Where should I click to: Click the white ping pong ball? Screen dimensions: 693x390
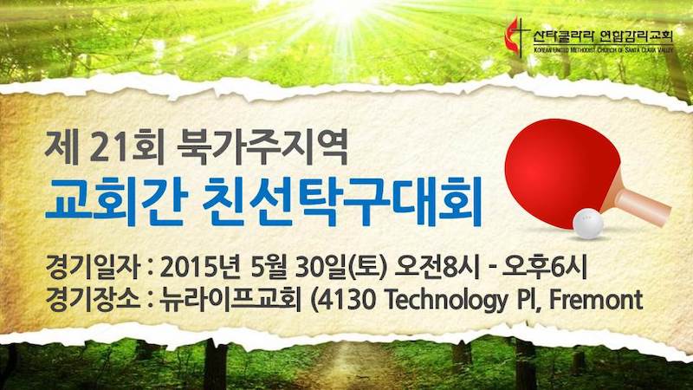(588, 224)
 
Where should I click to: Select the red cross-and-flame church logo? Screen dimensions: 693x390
(516, 36)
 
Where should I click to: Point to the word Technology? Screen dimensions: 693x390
(447, 301)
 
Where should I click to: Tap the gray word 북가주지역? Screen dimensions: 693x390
(262, 147)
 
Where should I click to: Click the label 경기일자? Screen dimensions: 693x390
(92, 268)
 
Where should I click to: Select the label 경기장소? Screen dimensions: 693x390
(92, 300)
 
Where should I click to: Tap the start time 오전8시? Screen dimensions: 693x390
(437, 268)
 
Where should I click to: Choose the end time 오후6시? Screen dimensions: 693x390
(545, 268)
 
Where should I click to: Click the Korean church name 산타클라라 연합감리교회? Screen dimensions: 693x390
(603, 36)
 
